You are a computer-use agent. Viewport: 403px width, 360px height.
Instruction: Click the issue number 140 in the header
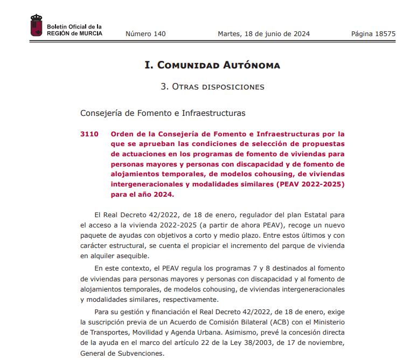(x=145, y=34)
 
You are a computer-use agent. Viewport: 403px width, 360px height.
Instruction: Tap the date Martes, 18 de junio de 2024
(x=263, y=34)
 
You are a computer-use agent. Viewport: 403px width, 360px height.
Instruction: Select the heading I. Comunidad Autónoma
(x=212, y=65)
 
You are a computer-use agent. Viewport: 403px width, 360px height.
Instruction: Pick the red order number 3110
(x=89, y=134)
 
